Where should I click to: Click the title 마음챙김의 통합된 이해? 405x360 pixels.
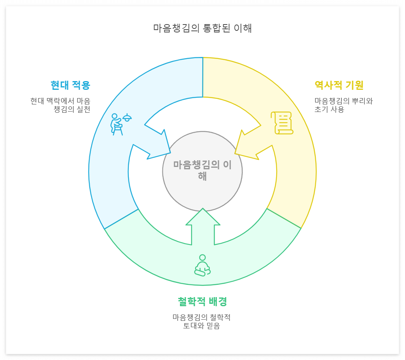202,28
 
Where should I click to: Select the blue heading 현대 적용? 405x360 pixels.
70,85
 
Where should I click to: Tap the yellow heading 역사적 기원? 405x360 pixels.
339,85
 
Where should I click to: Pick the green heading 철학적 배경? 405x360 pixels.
202,301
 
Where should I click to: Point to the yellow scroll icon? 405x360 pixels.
282,123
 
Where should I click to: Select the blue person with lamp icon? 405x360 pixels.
120,124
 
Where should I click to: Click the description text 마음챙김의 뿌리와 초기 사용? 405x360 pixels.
343,105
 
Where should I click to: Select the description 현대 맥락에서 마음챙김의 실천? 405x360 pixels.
60,105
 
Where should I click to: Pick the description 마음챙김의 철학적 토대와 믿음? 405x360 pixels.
202,322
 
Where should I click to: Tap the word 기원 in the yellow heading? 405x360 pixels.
354,85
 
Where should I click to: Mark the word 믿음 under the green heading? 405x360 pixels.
213,326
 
